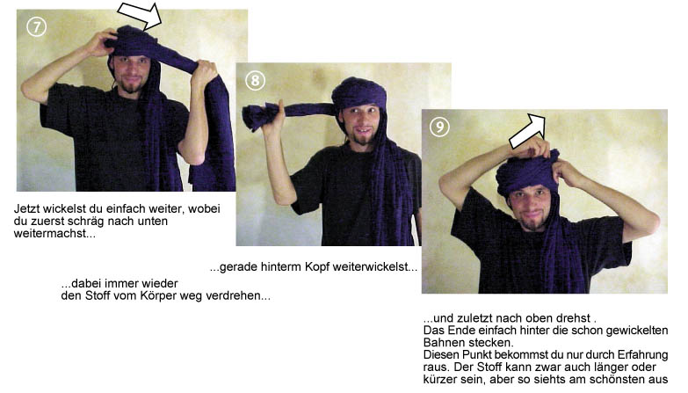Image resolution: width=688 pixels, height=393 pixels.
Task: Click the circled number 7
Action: [x=36, y=27]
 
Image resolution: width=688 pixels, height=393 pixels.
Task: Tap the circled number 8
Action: [x=255, y=80]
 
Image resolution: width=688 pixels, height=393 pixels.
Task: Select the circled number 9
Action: [x=439, y=127]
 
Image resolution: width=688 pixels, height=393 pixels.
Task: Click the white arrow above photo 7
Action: [x=141, y=15]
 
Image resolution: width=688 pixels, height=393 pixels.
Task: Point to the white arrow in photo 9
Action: [x=528, y=131]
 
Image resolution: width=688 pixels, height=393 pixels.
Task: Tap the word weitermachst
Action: [x=49, y=233]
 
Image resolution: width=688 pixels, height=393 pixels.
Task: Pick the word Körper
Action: [x=158, y=295]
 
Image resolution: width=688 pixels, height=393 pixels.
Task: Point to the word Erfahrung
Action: [x=642, y=354]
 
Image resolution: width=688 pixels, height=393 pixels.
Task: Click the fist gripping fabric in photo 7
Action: [x=205, y=70]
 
